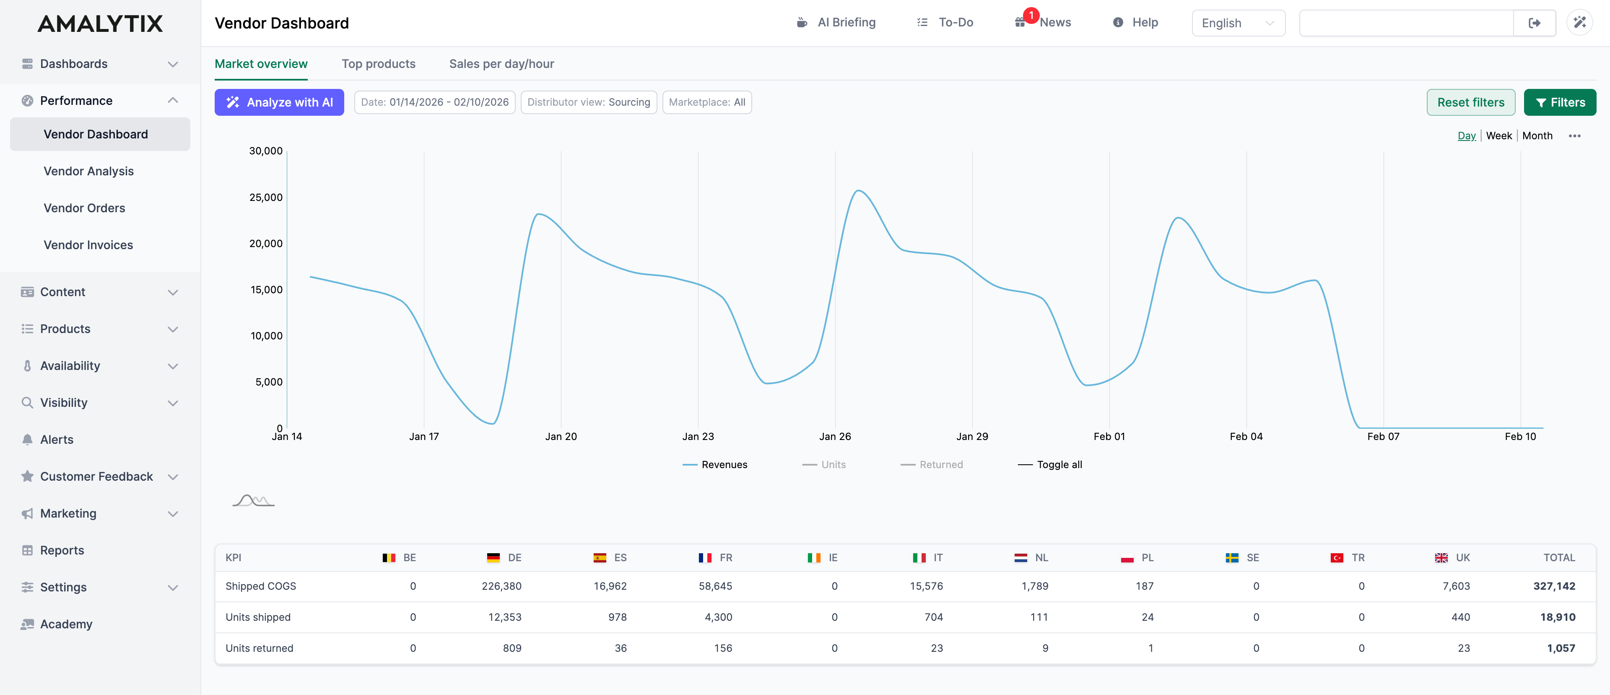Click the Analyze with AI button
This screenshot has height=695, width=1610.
click(279, 102)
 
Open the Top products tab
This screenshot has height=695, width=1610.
click(378, 64)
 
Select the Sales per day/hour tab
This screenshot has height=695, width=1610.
click(501, 64)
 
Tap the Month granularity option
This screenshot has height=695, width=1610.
click(1537, 135)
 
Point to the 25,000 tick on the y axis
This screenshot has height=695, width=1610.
click(266, 198)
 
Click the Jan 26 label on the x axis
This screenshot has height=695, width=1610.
click(835, 436)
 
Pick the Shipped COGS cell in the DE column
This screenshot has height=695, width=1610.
click(501, 586)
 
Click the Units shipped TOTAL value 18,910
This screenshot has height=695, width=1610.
click(1558, 617)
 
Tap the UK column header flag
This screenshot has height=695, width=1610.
click(1441, 557)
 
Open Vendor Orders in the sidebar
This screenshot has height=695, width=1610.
click(84, 208)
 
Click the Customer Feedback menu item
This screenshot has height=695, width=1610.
click(96, 476)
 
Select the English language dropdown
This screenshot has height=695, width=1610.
click(1238, 23)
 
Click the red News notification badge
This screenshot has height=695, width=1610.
click(1031, 15)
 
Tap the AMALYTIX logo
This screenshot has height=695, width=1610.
click(100, 24)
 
